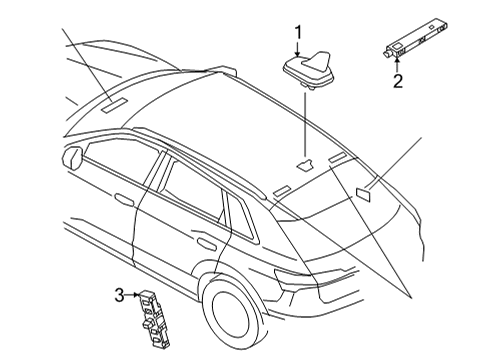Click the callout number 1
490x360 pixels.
[x=298, y=33]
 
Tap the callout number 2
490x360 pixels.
[x=398, y=81]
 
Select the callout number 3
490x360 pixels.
[x=119, y=295]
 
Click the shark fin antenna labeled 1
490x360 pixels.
[x=309, y=70]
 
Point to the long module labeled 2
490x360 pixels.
[x=415, y=38]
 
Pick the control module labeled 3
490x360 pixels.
[x=154, y=318]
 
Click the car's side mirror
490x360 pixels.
[x=72, y=157]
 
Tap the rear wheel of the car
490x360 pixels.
[x=233, y=314]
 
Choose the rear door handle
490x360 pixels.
[x=206, y=243]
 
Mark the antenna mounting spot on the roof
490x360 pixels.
[x=304, y=164]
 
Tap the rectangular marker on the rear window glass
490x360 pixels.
[x=363, y=195]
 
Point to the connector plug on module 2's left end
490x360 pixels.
[x=387, y=52]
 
